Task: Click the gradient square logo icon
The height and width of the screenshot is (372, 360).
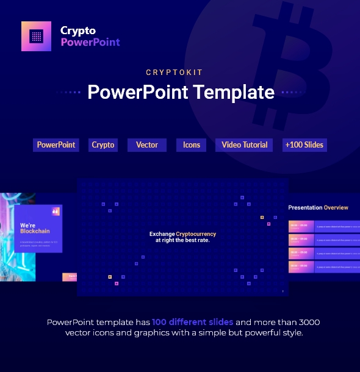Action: (x=37, y=37)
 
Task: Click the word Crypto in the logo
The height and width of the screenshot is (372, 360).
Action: (x=78, y=30)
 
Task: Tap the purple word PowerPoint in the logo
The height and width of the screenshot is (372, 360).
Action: (x=90, y=42)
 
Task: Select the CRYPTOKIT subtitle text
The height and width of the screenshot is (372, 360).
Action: (x=179, y=73)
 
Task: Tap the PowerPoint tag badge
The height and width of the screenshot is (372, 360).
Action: (x=56, y=145)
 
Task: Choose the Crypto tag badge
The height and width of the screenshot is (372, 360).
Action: (x=103, y=145)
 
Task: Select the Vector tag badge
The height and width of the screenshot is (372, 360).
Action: (x=147, y=145)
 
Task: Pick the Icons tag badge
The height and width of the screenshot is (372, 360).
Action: (x=192, y=145)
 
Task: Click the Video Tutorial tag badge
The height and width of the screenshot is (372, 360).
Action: (x=245, y=145)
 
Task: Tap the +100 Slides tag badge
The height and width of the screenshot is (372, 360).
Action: (x=304, y=145)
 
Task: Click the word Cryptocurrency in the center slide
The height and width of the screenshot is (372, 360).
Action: (x=196, y=234)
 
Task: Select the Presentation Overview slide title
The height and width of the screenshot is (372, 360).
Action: (x=319, y=208)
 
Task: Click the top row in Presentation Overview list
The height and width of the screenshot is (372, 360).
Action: (x=323, y=226)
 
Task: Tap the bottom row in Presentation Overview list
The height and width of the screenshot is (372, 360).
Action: (x=323, y=266)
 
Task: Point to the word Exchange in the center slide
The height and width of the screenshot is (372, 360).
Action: (x=162, y=234)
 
